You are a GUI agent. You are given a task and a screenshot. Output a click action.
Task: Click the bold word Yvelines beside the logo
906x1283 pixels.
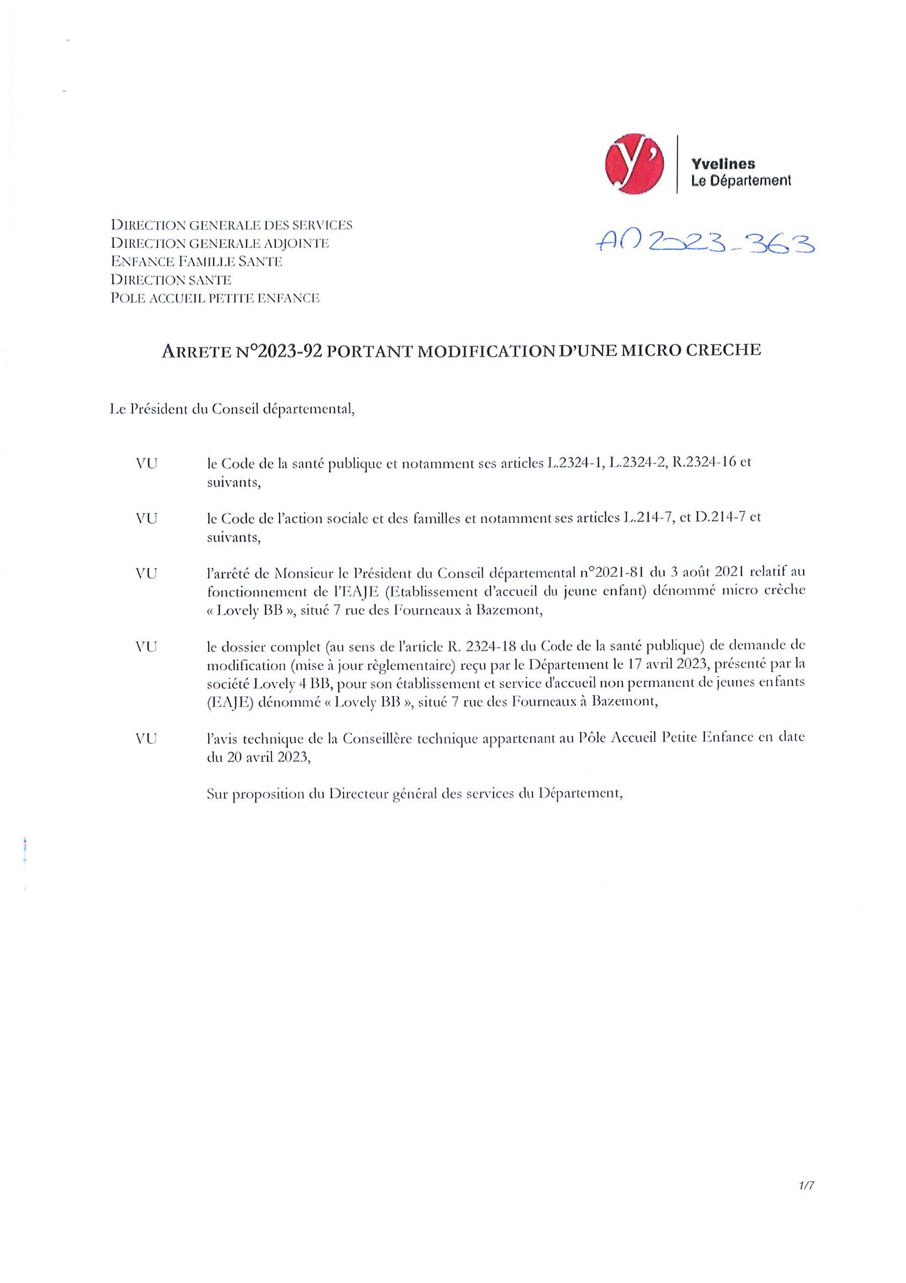click(723, 164)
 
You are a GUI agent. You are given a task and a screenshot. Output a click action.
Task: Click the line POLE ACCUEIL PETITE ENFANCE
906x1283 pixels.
click(215, 298)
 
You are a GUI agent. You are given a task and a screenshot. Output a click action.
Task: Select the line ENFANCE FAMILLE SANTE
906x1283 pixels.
click(196, 261)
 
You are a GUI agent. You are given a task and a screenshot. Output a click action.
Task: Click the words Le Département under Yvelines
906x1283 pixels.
click(740, 181)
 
